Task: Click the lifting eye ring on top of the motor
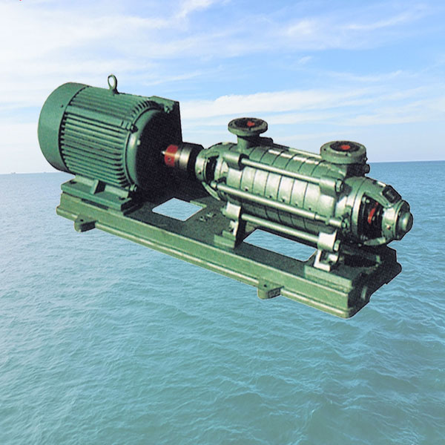click(112, 82)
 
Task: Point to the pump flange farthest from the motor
click(343, 150)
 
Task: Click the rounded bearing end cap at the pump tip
click(404, 221)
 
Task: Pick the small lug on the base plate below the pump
click(268, 289)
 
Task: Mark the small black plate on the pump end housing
click(391, 195)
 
